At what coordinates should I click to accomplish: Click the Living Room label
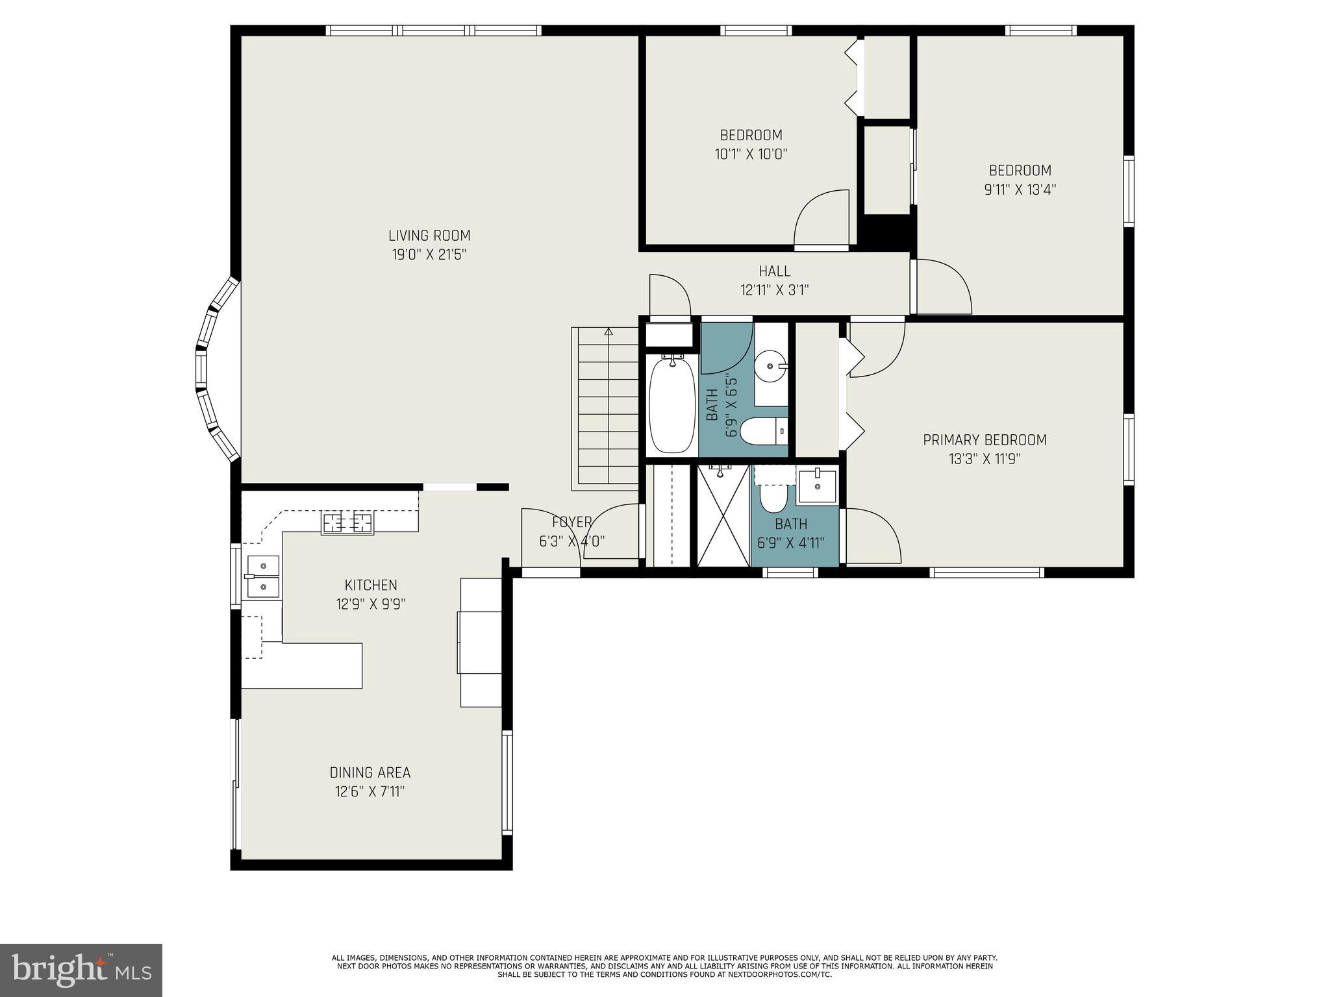429,236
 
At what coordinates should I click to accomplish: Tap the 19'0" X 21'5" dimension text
429,254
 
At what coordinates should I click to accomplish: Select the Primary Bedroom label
985,440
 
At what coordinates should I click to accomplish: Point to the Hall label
775,271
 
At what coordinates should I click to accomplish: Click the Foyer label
571,522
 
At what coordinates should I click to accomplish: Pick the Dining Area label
370,772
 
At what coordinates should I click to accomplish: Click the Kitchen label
371,585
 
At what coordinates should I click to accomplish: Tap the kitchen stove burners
347,523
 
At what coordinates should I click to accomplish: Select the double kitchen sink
263,576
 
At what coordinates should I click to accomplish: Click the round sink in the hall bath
771,367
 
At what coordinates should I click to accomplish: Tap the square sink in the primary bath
817,486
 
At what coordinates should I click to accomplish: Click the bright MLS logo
81,970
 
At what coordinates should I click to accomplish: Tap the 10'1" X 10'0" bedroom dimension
751,154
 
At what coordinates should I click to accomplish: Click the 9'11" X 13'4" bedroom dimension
1020,190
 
